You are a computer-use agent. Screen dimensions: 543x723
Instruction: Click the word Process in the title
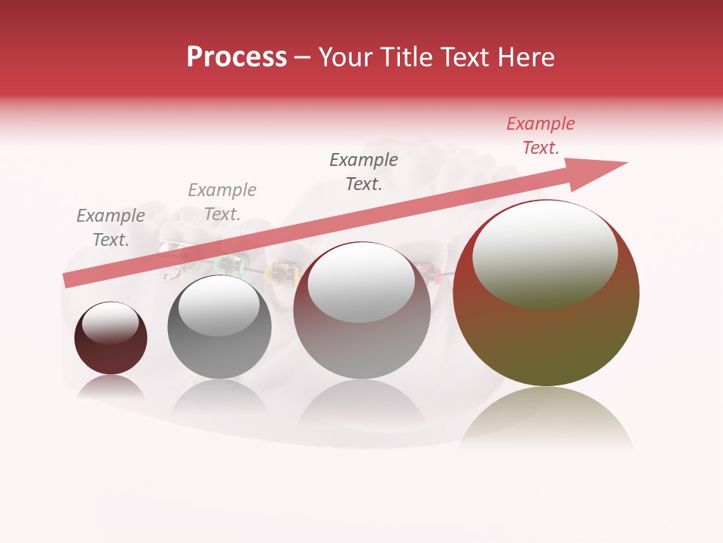236,57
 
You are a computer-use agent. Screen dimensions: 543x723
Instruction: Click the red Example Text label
540,136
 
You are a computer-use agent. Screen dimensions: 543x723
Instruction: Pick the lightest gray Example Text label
222,201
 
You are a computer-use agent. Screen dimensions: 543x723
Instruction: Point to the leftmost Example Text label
111,227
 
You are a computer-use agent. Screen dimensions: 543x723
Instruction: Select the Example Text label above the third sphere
364,171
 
